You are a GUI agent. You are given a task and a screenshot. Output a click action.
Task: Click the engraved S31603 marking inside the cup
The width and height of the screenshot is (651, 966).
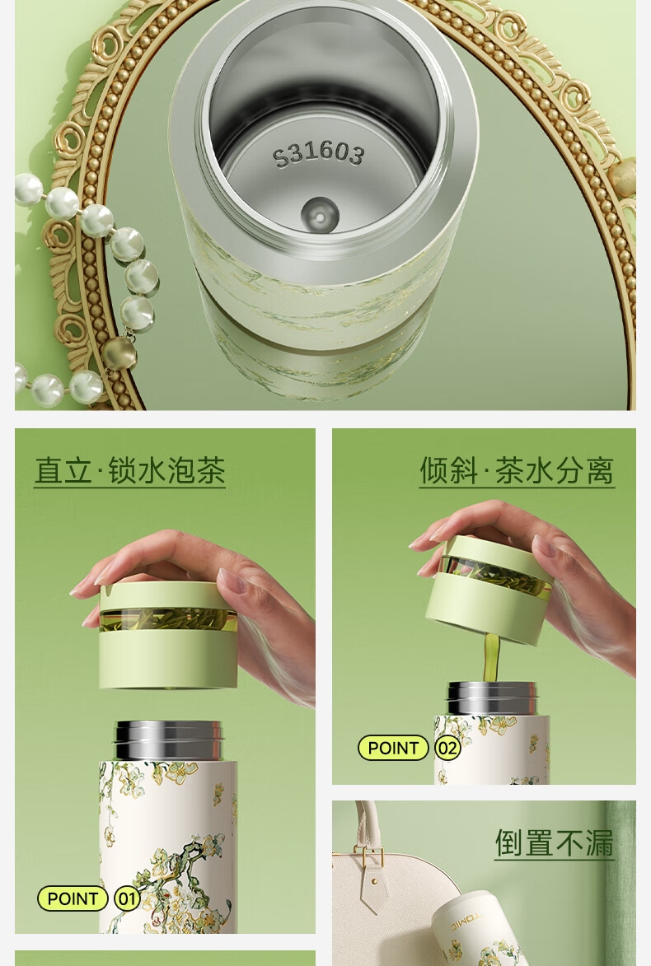coord(318,153)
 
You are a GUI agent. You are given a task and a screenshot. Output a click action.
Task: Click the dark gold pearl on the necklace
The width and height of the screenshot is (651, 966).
coord(119,353)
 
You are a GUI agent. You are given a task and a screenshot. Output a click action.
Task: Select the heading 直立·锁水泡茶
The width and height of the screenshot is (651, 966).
coord(130,471)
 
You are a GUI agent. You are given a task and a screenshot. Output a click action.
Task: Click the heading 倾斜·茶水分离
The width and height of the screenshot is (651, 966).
coord(517,471)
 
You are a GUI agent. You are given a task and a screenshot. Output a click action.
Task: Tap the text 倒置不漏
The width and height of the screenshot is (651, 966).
coord(555,843)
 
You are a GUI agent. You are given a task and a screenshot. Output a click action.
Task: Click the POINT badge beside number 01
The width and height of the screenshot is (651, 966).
coord(73,898)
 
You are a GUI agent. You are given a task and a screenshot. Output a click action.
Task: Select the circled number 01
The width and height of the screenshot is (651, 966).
coord(127,898)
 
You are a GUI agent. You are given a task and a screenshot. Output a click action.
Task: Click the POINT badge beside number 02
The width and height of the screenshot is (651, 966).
coord(393,748)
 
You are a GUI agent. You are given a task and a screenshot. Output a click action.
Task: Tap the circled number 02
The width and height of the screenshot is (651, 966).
coord(447,748)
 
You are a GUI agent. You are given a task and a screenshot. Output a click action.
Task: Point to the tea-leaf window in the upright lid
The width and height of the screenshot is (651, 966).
coord(167,620)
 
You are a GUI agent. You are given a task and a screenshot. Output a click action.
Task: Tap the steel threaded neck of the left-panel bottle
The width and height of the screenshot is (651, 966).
coord(168,740)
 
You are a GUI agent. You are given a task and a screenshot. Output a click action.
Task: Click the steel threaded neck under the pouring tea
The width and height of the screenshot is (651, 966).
coord(491,698)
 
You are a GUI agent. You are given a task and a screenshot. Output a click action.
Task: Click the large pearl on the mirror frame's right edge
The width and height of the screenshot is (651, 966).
coord(622,177)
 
